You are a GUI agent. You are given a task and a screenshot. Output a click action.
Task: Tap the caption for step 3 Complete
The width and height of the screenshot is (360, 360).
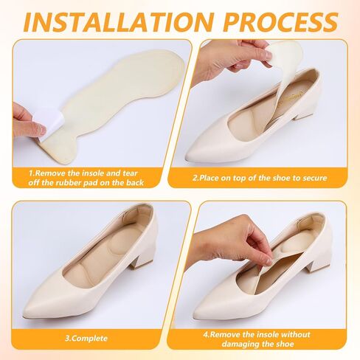(86, 339)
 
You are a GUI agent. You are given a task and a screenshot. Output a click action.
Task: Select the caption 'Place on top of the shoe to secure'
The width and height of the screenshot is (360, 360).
(260, 178)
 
